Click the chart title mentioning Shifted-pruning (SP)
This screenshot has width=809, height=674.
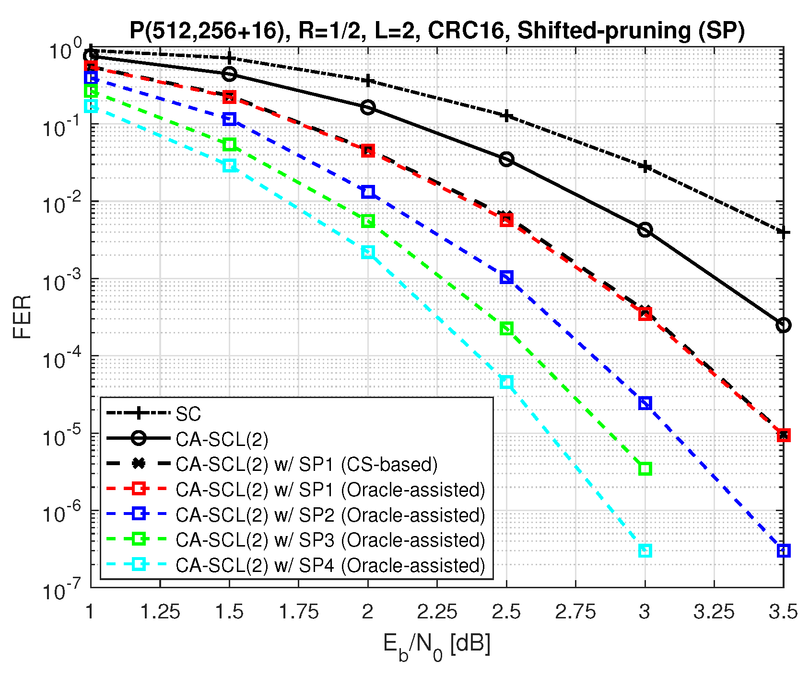click(437, 30)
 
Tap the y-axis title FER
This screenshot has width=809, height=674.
click(22, 317)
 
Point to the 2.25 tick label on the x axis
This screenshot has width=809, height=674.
click(437, 612)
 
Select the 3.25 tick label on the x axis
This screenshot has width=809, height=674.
click(714, 612)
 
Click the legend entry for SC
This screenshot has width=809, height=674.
click(188, 414)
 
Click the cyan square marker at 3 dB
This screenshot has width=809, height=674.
click(645, 550)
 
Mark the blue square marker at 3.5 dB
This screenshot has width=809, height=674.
click(783, 550)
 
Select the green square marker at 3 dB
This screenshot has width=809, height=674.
click(645, 468)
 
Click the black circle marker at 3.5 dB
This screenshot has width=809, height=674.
click(783, 325)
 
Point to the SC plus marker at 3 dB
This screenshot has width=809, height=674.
click(645, 167)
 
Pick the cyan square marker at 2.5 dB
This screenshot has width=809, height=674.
click(506, 382)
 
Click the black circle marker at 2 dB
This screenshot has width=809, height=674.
click(368, 107)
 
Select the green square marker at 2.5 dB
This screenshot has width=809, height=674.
click(506, 328)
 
